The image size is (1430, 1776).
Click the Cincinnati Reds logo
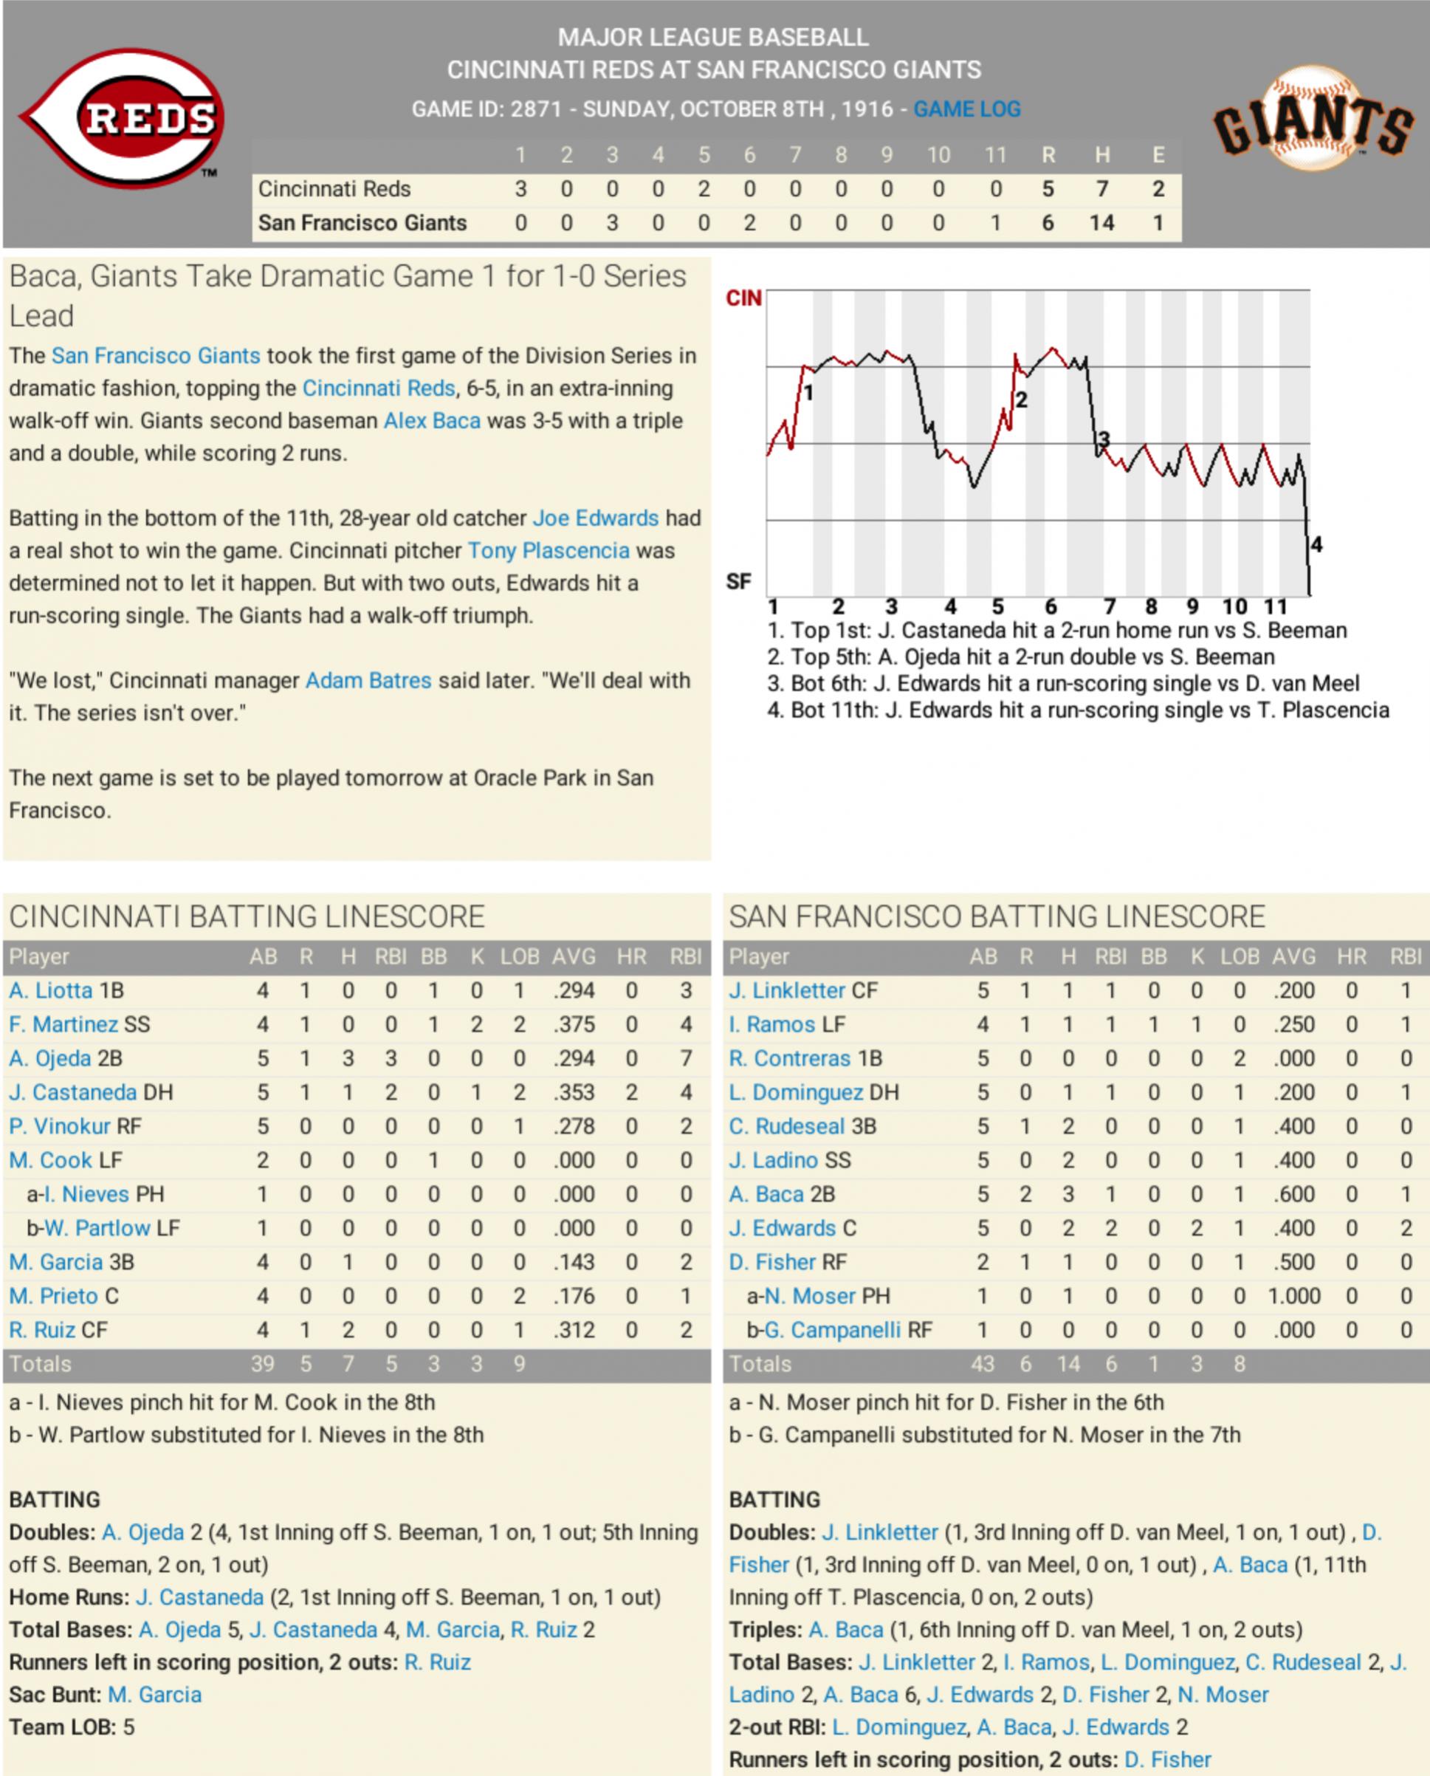click(x=123, y=117)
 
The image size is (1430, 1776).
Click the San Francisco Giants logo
click(x=1313, y=120)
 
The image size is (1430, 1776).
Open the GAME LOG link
click(x=966, y=109)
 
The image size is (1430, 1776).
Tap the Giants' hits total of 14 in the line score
click(x=1101, y=223)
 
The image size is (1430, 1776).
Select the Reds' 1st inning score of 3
click(x=520, y=190)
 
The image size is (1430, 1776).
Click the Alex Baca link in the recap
click(x=432, y=421)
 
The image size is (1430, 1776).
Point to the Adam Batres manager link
click(x=368, y=680)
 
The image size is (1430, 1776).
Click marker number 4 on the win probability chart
click(x=1316, y=544)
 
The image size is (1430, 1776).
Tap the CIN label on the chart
click(x=743, y=298)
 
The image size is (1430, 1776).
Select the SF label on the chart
click(x=738, y=582)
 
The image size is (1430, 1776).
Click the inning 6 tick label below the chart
click(x=1051, y=607)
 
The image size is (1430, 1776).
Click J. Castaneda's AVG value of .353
click(x=574, y=1092)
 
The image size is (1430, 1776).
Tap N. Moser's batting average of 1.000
click(x=1293, y=1296)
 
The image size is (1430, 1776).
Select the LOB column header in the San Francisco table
click(x=1239, y=956)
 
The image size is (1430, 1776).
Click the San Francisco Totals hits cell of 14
click(x=1068, y=1364)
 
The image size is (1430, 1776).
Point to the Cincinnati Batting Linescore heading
click(x=247, y=917)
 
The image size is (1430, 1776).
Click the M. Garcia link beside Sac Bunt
click(x=155, y=1695)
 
